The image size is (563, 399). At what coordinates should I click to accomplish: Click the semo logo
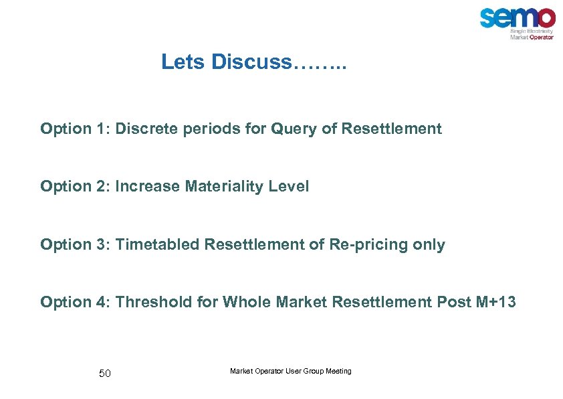pyautogui.click(x=517, y=22)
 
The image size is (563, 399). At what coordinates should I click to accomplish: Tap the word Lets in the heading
pyautogui.click(x=183, y=62)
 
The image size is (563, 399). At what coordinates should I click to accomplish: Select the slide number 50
pyautogui.click(x=105, y=374)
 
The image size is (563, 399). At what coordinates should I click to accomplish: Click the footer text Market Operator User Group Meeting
pyautogui.click(x=290, y=371)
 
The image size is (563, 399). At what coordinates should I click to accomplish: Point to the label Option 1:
pyautogui.click(x=76, y=129)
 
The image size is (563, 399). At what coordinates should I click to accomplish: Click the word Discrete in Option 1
pyautogui.click(x=144, y=129)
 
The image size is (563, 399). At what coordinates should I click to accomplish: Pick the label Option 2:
pyautogui.click(x=76, y=187)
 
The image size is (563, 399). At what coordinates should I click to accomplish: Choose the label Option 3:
pyautogui.click(x=76, y=245)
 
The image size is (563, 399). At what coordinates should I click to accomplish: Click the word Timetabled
pyautogui.click(x=158, y=245)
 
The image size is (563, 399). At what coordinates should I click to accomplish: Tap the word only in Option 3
pyautogui.click(x=429, y=245)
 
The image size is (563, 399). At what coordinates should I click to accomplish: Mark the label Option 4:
pyautogui.click(x=76, y=303)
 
